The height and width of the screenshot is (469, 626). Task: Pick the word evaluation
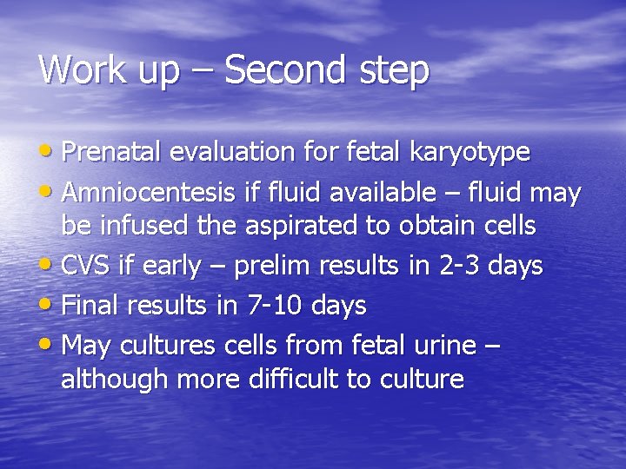point(233,152)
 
